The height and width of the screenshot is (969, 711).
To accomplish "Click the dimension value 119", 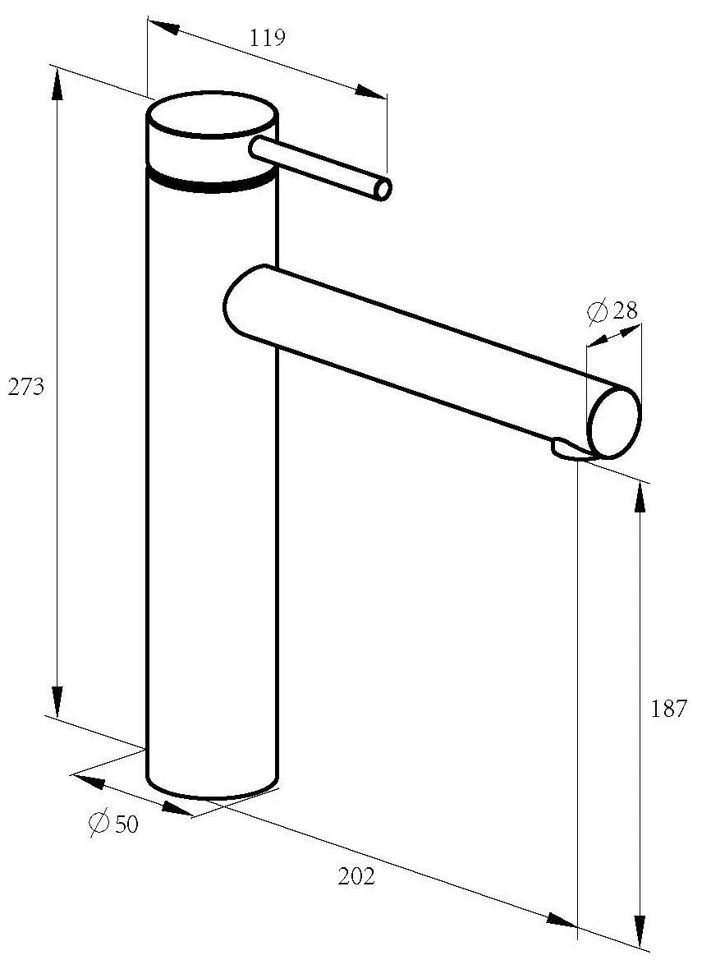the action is [x=268, y=39].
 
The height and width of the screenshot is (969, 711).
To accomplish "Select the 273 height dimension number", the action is [x=26, y=388].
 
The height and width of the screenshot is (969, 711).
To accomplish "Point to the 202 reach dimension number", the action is [x=356, y=876].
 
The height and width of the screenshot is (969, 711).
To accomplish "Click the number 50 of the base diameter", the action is [x=126, y=824].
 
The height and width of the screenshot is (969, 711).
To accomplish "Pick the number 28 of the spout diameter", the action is [x=625, y=310].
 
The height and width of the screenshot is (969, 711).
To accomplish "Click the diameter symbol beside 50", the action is [x=99, y=823].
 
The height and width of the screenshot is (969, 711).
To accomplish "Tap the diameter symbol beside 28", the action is [x=598, y=311].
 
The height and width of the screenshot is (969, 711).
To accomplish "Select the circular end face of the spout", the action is [x=615, y=423].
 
